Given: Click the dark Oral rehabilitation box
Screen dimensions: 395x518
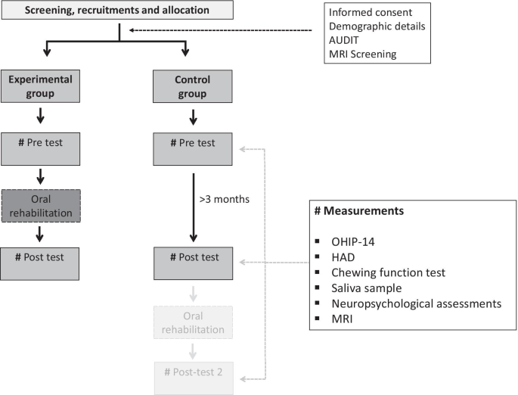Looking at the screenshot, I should pos(39,206).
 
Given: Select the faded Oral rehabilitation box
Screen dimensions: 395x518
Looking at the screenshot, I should pos(193,321).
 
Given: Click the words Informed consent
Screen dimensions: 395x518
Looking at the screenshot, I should pos(369,13).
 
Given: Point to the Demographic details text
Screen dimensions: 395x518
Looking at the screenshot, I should pos(377,26).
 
